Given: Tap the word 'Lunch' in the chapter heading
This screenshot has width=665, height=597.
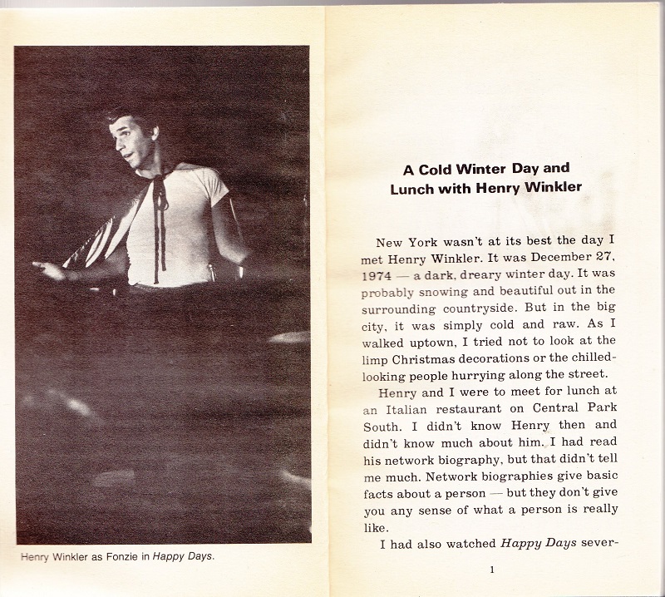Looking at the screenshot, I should click(412, 188).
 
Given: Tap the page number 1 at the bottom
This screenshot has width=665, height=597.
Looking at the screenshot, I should click(492, 570).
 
